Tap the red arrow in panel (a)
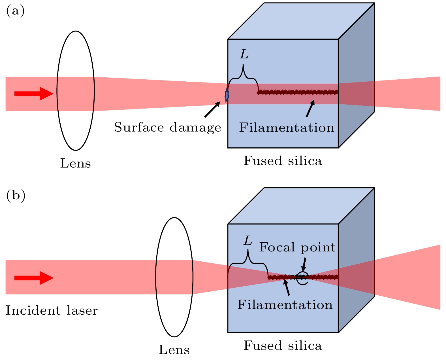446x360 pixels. tap(34, 94)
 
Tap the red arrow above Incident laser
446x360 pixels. tap(34, 278)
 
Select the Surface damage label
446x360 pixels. tap(167, 128)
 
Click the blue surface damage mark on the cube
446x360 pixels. tap(227, 96)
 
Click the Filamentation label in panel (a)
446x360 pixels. tap(287, 128)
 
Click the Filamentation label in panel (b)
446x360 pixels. tap(285, 305)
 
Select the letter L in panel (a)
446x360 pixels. tap(244, 54)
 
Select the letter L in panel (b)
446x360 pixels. tap(248, 241)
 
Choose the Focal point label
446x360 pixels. tap(297, 247)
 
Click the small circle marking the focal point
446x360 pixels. tap(303, 278)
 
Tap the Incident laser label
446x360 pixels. tap(52, 311)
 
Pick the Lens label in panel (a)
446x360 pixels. tap(75, 164)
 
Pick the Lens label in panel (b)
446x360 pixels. tap(174, 350)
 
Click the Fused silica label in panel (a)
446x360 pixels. tap(283, 161)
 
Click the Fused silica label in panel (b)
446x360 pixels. tap(283, 346)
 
